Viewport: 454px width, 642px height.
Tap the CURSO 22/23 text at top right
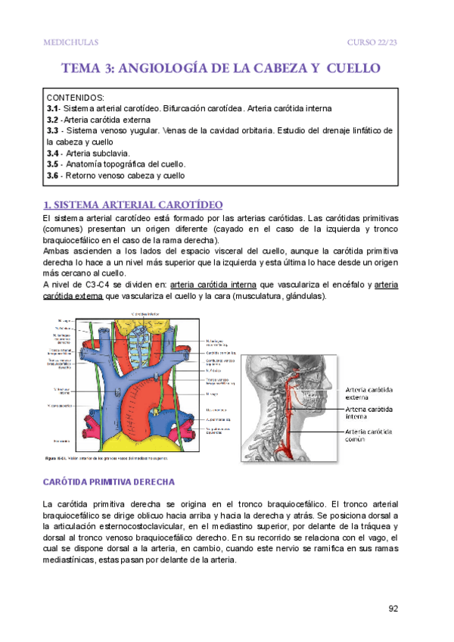pos(372,42)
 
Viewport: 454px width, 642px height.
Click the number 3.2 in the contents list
pos(52,120)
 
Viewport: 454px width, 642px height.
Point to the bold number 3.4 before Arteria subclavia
pos(52,153)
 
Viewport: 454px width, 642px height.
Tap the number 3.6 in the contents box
pos(52,175)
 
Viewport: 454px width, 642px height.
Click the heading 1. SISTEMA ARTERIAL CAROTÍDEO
pos(132,204)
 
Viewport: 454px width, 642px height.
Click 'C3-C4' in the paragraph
pos(91,285)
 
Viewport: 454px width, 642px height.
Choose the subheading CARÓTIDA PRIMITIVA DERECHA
pos(110,481)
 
